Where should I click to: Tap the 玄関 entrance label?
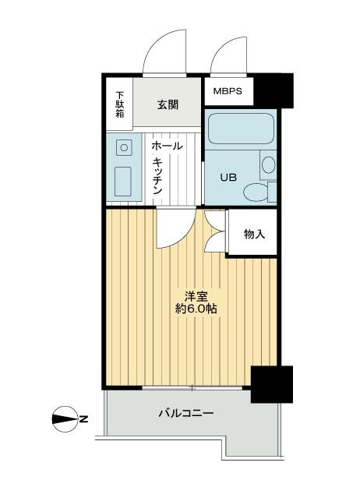point(168,104)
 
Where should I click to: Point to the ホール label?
point(167,146)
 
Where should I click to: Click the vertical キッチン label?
point(157,175)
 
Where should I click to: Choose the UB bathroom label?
point(228,177)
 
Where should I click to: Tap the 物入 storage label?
point(253,232)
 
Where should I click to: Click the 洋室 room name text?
point(195,295)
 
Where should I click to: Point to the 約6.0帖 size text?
point(196,309)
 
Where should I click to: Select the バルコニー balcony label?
point(187,413)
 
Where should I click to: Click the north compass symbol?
point(64,418)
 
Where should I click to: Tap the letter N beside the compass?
point(84,419)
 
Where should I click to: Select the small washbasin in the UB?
point(268,164)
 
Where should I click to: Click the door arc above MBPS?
point(229,55)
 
